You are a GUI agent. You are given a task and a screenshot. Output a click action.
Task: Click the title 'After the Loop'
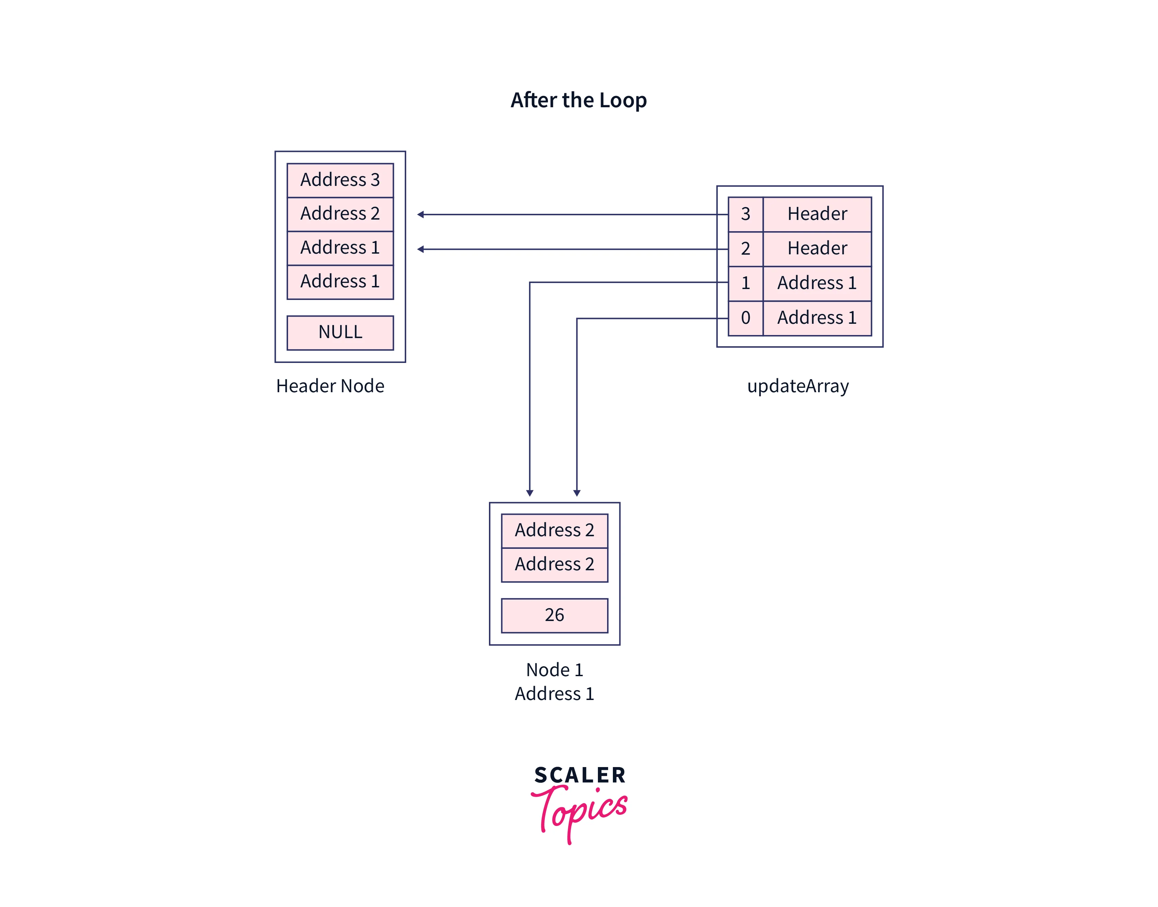(x=578, y=100)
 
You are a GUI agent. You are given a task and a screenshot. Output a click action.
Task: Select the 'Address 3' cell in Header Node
(x=340, y=180)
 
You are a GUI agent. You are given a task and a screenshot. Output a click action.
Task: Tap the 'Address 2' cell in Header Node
(x=340, y=213)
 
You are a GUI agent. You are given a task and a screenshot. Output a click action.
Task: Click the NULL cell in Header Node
(x=340, y=332)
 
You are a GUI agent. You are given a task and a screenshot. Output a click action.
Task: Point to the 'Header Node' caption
(x=330, y=386)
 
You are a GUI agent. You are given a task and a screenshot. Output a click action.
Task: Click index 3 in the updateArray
(x=745, y=214)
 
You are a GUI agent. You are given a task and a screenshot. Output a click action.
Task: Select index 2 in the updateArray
(x=745, y=249)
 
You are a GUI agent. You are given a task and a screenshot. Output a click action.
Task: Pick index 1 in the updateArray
(x=745, y=283)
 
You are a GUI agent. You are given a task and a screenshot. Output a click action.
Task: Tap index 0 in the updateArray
(x=745, y=318)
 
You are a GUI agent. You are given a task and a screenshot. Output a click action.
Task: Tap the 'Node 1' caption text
(x=554, y=670)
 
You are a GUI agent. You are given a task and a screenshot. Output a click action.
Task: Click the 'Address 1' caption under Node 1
(x=554, y=694)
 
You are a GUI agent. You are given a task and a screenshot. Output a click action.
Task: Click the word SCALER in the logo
(x=580, y=775)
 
